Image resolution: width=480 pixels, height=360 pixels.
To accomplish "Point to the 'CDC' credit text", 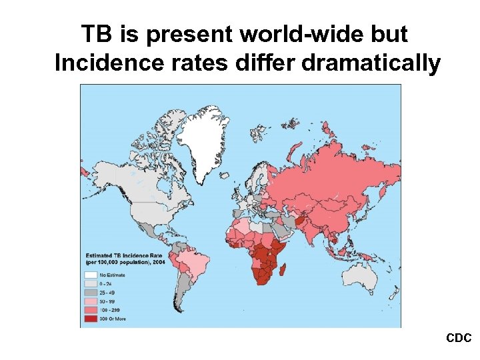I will (459, 339).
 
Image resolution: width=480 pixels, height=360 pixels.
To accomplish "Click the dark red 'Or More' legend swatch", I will (91, 319).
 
